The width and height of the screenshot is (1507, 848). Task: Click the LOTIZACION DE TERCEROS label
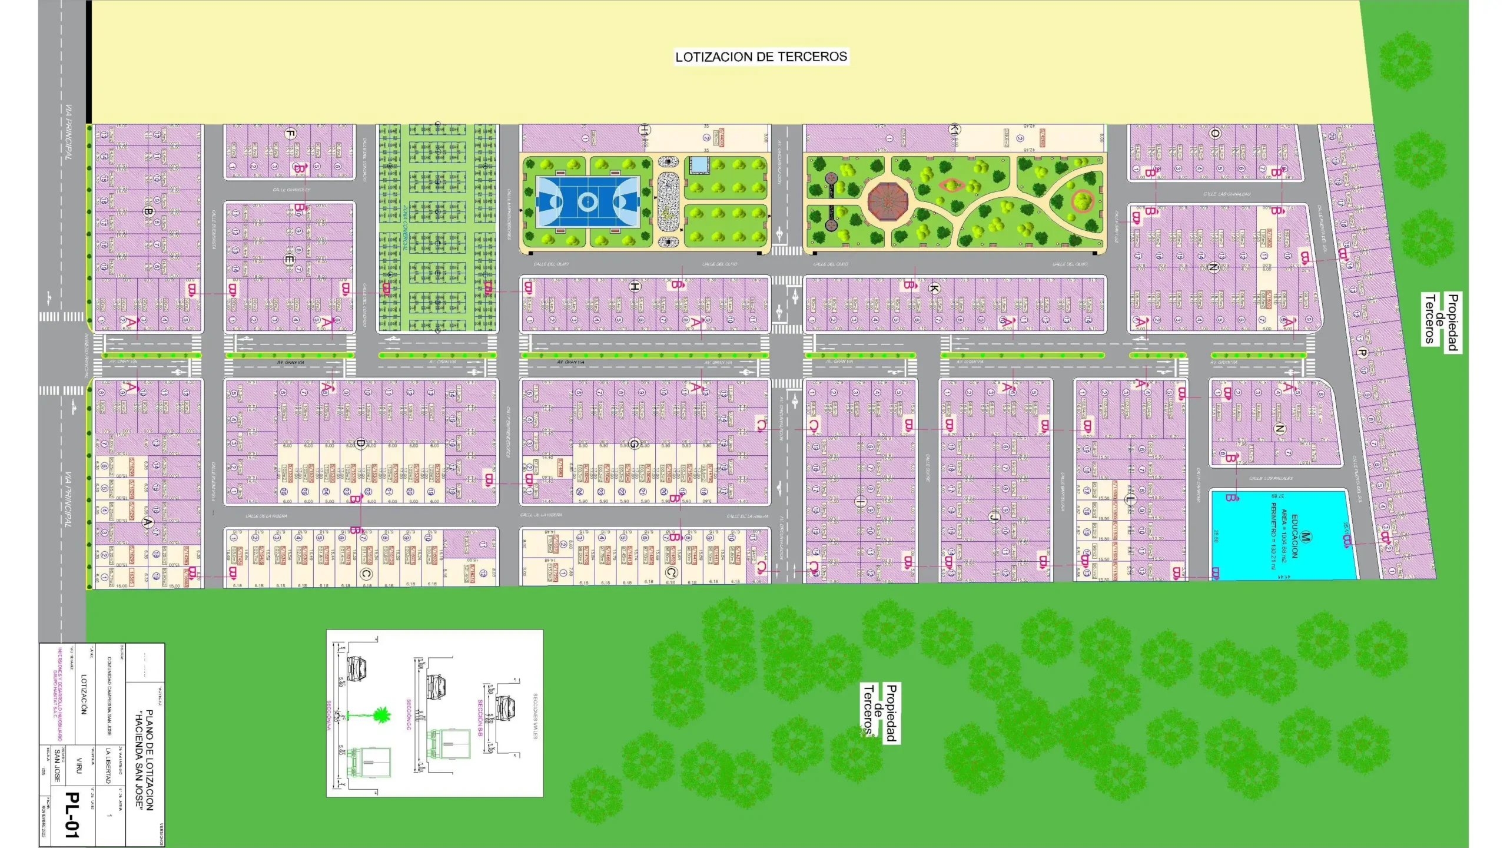(x=761, y=57)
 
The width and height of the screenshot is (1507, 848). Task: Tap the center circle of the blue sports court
(x=587, y=202)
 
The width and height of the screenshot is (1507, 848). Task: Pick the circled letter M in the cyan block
(x=1306, y=536)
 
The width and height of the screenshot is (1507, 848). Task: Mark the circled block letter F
(x=290, y=134)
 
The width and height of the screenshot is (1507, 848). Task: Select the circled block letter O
(x=1215, y=134)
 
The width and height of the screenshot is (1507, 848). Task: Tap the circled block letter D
(x=361, y=443)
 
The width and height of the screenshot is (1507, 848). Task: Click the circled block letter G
(x=633, y=443)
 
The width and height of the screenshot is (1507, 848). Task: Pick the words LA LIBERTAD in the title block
(x=107, y=765)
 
